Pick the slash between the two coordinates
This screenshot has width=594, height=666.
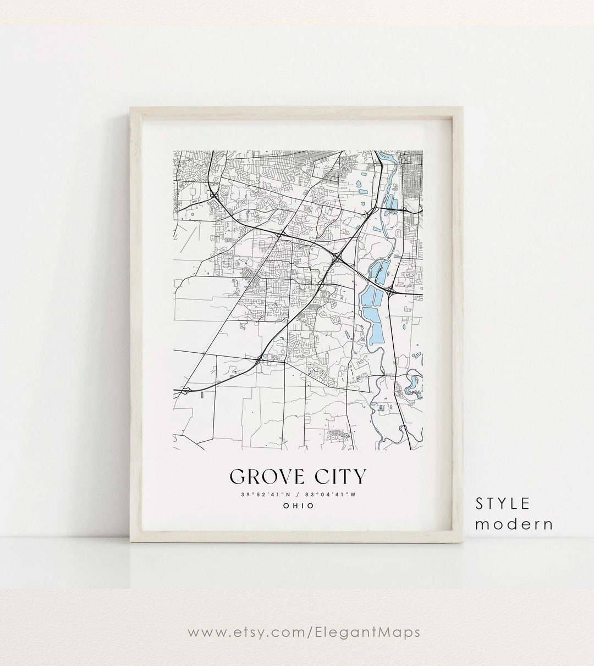[x=298, y=495]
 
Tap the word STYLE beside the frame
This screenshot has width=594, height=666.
[x=503, y=503]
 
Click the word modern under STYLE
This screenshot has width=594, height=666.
[x=514, y=524]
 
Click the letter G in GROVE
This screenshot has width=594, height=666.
[x=238, y=476]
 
